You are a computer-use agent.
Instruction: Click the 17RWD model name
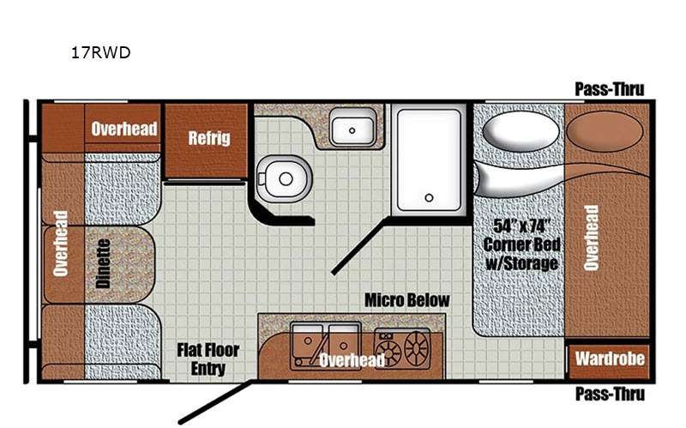click(101, 52)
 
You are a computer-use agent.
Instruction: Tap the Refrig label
click(209, 138)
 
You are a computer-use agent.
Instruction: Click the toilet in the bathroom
click(284, 178)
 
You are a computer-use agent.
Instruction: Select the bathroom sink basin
click(352, 130)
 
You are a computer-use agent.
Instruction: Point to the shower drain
click(430, 198)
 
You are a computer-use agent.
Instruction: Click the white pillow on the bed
click(521, 132)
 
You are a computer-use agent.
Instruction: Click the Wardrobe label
click(610, 359)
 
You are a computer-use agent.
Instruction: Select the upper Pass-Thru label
click(610, 89)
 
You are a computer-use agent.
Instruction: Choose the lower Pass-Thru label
click(610, 394)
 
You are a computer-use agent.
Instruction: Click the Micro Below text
click(406, 300)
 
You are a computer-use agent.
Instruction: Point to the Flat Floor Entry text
click(208, 359)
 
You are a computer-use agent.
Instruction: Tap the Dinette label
click(103, 263)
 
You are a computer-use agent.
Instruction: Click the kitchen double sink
click(326, 345)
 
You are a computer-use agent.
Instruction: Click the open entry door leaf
click(216, 402)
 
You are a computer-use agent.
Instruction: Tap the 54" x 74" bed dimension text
click(521, 226)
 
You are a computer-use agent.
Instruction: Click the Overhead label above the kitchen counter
click(352, 360)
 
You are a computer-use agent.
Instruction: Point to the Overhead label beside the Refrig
click(124, 130)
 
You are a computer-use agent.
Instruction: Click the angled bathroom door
click(358, 246)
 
